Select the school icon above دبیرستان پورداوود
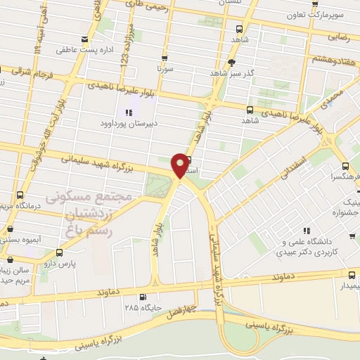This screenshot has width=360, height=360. pyautogui.click(x=128, y=112)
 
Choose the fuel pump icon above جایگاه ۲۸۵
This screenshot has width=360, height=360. pyautogui.click(x=143, y=297)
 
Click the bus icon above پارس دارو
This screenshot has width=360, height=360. pyautogui.click(x=58, y=251)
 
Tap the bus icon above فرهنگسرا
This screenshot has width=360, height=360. pyautogui.click(x=345, y=167)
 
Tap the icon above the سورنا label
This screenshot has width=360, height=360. pyautogui.click(x=165, y=59)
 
